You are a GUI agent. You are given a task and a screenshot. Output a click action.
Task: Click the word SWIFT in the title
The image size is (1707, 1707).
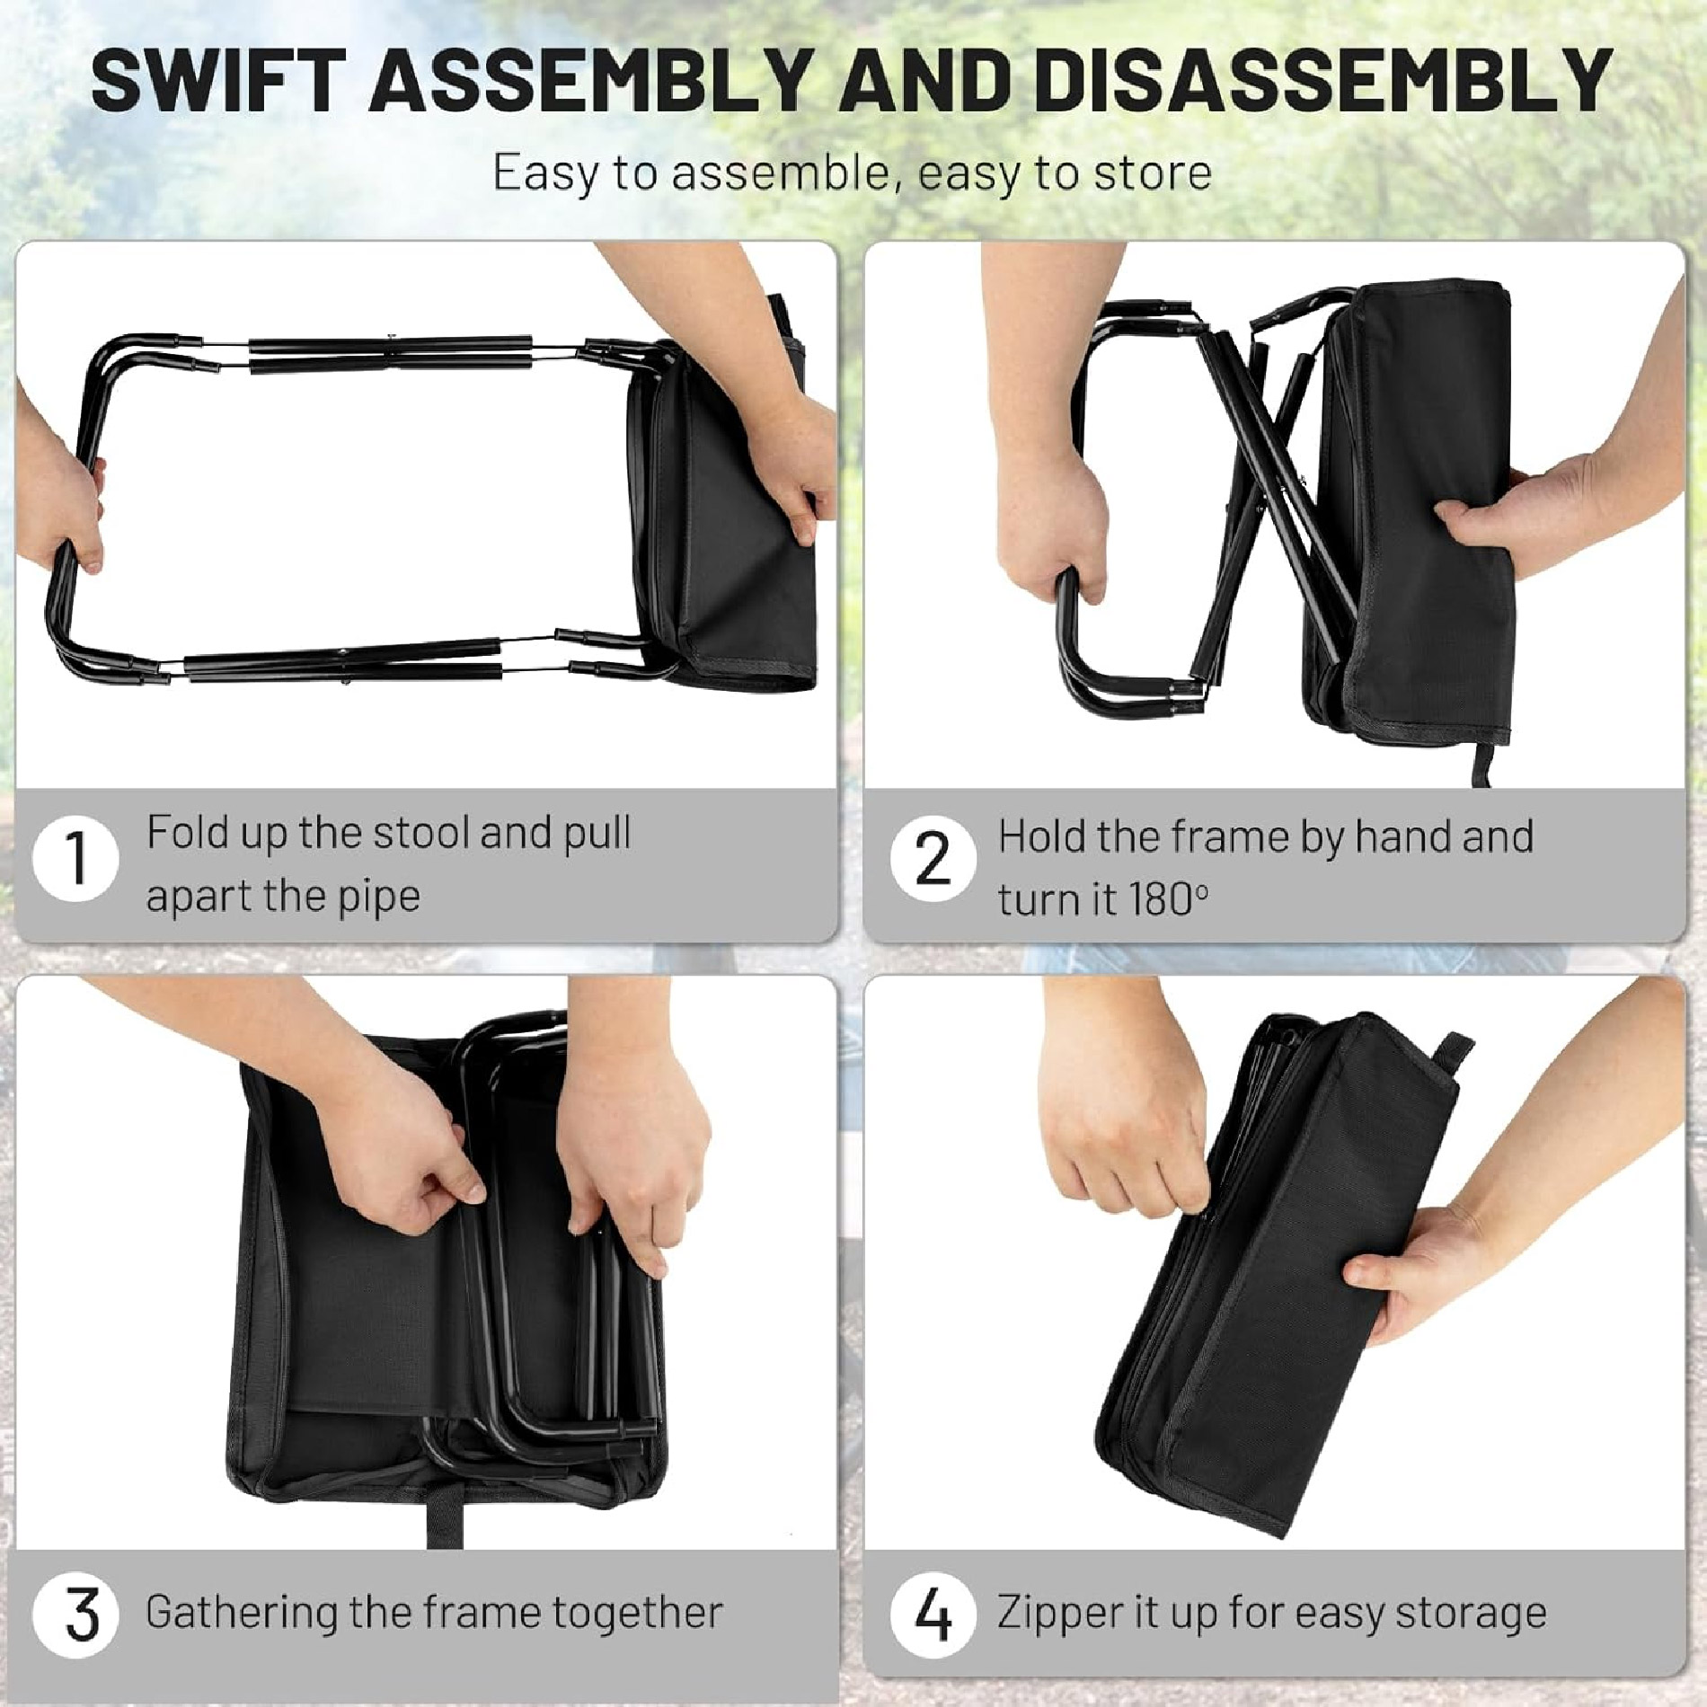pos(215,80)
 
